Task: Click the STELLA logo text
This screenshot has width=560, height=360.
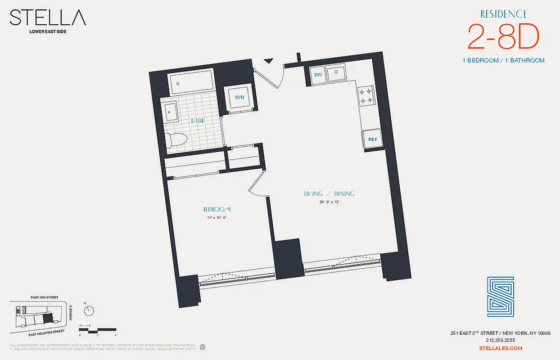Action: [48, 18]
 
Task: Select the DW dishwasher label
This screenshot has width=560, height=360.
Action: [318, 75]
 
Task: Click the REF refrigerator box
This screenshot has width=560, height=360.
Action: [373, 139]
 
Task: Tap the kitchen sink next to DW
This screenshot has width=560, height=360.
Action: [336, 74]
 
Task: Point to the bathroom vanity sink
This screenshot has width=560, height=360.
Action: [172, 111]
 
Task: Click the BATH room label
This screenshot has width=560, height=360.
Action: [197, 121]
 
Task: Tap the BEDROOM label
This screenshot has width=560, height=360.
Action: [217, 209]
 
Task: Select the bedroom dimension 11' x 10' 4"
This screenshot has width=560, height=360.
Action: [217, 218]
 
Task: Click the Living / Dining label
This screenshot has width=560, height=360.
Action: [329, 194]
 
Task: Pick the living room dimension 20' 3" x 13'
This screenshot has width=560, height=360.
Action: [329, 202]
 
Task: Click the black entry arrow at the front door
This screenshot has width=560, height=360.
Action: [269, 61]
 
